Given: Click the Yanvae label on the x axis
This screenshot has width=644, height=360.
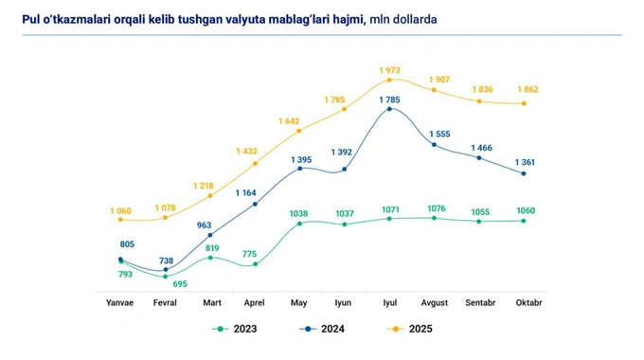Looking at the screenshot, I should click(x=120, y=302).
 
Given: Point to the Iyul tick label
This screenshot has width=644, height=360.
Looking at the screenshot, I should click(x=389, y=302).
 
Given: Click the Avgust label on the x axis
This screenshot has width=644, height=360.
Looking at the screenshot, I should click(x=434, y=302).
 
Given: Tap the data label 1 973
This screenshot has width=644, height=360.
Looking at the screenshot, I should click(x=391, y=70).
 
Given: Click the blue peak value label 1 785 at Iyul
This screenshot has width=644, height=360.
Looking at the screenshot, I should click(x=389, y=100).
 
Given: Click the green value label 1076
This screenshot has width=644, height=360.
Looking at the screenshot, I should click(x=436, y=208).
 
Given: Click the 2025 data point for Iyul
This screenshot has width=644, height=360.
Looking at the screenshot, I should click(x=389, y=80).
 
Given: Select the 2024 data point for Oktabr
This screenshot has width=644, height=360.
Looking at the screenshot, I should click(x=524, y=174).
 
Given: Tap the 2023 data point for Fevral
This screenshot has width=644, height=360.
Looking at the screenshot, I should click(x=166, y=276).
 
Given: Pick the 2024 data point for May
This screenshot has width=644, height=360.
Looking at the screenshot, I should click(x=300, y=169).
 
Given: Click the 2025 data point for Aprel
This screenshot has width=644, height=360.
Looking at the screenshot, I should click(x=256, y=164).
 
